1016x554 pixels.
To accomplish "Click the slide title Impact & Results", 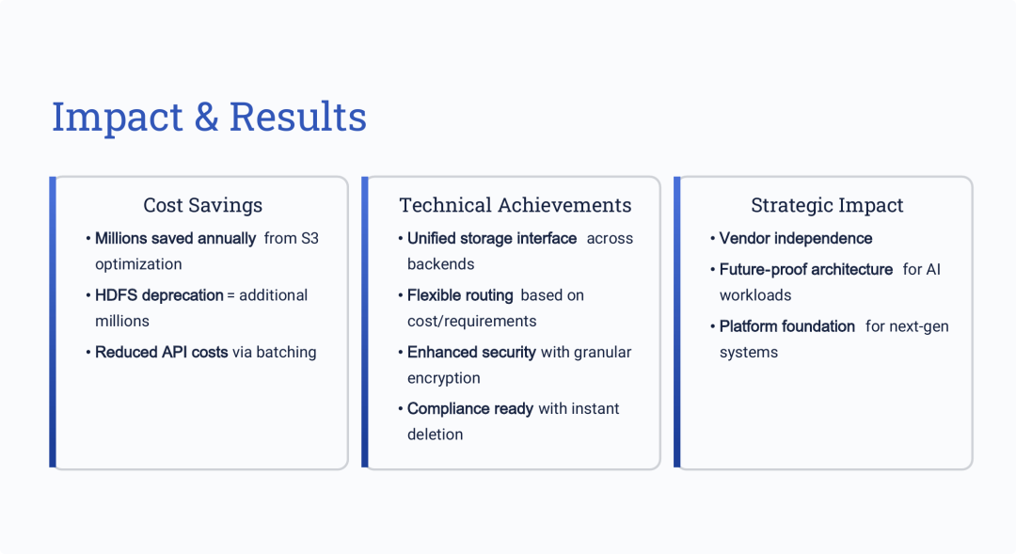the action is (209, 118).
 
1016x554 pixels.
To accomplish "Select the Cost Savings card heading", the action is (203, 205).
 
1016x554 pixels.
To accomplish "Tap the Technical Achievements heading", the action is (516, 205).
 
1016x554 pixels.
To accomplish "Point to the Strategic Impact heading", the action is (827, 205).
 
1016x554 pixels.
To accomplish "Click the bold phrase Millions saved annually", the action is (176, 239).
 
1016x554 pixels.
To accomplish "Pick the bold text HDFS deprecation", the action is (159, 295).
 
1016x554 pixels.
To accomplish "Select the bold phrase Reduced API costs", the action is (162, 352).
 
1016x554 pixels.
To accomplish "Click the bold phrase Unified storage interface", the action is (492, 239).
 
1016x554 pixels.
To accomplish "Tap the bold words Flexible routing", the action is (460, 295).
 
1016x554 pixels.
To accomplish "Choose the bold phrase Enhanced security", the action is (471, 352).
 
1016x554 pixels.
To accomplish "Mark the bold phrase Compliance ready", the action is (470, 409).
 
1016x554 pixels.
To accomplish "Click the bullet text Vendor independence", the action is (796, 239).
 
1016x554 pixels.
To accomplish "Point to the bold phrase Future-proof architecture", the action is (806, 270).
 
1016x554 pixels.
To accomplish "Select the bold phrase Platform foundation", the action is (787, 326).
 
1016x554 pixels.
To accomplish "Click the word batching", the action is (286, 352).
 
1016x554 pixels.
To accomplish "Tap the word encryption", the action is (444, 378).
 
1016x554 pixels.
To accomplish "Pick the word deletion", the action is (436, 435).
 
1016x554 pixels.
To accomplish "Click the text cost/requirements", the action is (471, 322).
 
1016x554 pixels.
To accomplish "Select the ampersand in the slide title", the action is (206, 118).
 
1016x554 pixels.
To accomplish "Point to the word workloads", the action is (755, 295).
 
